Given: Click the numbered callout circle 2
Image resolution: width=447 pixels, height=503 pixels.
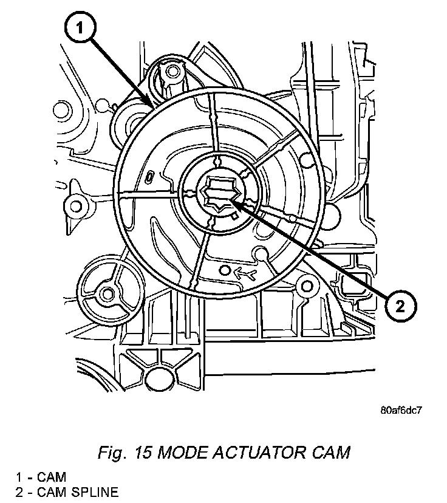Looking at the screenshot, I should (399, 304).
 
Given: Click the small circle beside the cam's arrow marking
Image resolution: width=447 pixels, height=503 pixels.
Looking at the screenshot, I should (225, 269).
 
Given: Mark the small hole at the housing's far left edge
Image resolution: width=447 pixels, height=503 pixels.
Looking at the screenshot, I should (60, 111).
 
